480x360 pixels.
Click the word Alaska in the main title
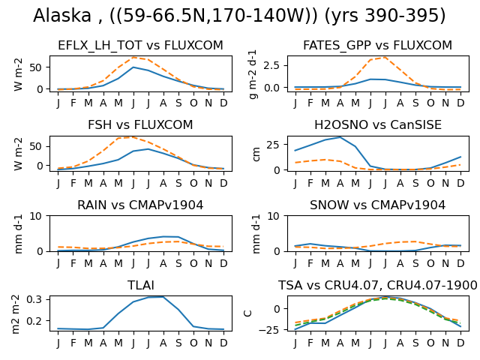click(62, 15)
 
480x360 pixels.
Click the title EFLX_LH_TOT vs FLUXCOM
click(140, 45)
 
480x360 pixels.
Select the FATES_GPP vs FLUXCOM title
click(377, 45)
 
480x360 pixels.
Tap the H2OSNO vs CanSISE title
click(378, 125)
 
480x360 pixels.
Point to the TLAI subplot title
click(140, 285)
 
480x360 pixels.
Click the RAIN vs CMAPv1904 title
click(140, 205)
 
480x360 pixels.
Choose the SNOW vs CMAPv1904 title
click(377, 205)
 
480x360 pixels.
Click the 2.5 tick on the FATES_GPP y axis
click(273, 65)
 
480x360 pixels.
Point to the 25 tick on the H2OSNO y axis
click(273, 145)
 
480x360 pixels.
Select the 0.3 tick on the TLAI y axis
click(34, 299)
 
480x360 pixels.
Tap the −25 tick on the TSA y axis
click(269, 330)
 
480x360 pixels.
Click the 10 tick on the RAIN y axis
click(36, 217)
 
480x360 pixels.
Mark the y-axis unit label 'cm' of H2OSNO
click(256, 154)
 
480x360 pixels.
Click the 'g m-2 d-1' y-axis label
click(253, 74)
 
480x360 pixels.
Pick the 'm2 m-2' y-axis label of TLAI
click(16, 314)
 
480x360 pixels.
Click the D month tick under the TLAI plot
click(223, 343)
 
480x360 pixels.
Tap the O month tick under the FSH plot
click(193, 183)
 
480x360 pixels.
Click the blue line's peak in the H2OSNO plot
click(340, 137)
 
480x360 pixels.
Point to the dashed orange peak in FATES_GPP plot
click(385, 57)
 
